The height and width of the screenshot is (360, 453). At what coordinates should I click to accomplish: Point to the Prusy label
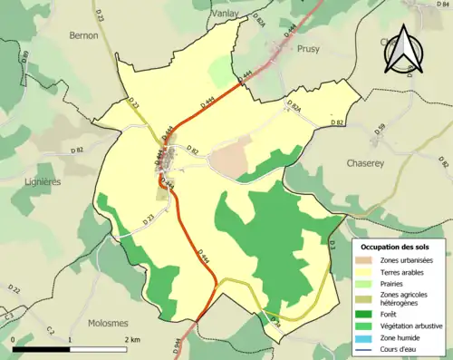(x=309, y=51)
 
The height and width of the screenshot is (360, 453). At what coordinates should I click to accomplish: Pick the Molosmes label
(x=109, y=322)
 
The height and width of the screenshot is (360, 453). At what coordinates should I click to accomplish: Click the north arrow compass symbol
(x=403, y=48)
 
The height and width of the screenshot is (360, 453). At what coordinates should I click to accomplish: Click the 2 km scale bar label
(x=131, y=339)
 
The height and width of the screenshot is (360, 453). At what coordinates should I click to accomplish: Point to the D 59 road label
(x=381, y=129)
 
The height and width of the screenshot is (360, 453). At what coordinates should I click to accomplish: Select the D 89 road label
(x=25, y=58)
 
